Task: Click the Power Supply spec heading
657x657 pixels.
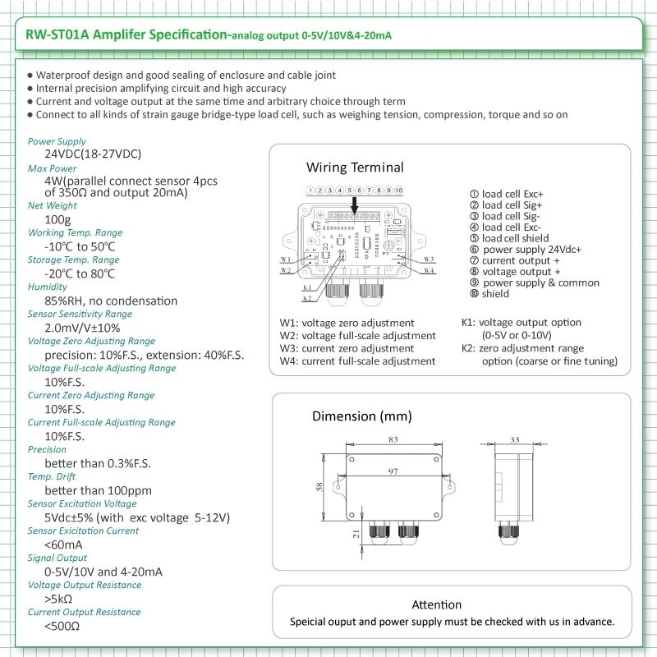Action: tap(57, 141)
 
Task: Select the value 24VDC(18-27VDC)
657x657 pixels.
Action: tap(92, 154)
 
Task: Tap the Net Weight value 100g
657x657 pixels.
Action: tap(57, 219)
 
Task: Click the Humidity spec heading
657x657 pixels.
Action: tap(47, 287)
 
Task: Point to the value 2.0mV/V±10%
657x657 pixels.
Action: tap(82, 328)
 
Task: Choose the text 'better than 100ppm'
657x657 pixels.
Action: tap(98, 490)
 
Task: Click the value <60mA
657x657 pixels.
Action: tap(63, 544)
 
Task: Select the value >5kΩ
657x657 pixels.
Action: tap(58, 599)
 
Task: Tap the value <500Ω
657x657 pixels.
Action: tap(62, 626)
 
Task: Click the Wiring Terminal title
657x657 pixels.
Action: tap(355, 168)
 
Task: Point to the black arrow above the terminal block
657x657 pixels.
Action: tap(355, 204)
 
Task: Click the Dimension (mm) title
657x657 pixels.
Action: tap(361, 416)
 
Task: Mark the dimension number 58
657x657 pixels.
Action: tap(320, 487)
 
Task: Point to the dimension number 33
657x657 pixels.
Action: tap(515, 441)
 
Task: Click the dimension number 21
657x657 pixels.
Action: tap(355, 534)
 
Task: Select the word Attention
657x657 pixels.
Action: tap(436, 605)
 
